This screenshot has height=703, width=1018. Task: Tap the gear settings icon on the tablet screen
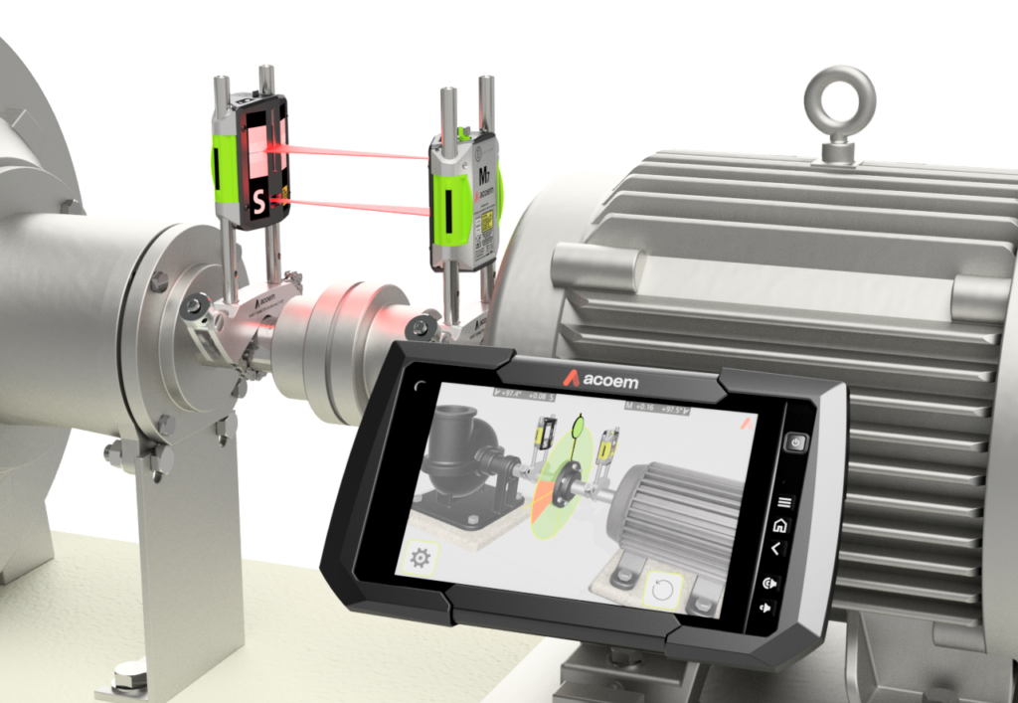click(x=420, y=558)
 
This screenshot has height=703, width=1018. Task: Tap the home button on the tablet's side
click(x=780, y=525)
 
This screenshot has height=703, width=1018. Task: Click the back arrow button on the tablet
click(x=777, y=549)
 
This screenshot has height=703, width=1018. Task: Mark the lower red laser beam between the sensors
click(x=358, y=206)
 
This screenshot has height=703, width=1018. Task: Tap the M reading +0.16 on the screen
click(x=647, y=407)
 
